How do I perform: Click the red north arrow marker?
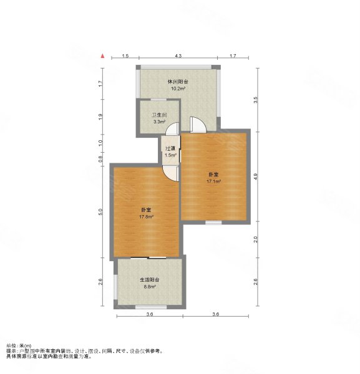click(103, 56)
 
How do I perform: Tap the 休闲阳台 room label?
click(178, 82)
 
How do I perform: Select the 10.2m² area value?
click(178, 89)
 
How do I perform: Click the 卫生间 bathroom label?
click(159, 115)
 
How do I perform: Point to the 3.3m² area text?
click(160, 122)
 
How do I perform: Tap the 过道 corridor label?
click(170, 148)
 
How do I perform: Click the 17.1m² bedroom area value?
click(213, 181)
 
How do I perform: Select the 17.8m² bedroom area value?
click(146, 217)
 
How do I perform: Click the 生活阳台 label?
click(150, 280)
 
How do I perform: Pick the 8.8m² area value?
click(150, 287)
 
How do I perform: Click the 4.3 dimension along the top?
click(178, 56)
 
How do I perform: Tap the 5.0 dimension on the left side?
click(100, 212)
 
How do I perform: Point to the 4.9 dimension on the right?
click(256, 176)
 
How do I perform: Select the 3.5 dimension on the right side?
click(256, 100)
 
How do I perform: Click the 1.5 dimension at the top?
click(125, 56)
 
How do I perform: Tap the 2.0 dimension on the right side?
click(256, 239)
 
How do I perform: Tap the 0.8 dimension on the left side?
click(100, 159)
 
